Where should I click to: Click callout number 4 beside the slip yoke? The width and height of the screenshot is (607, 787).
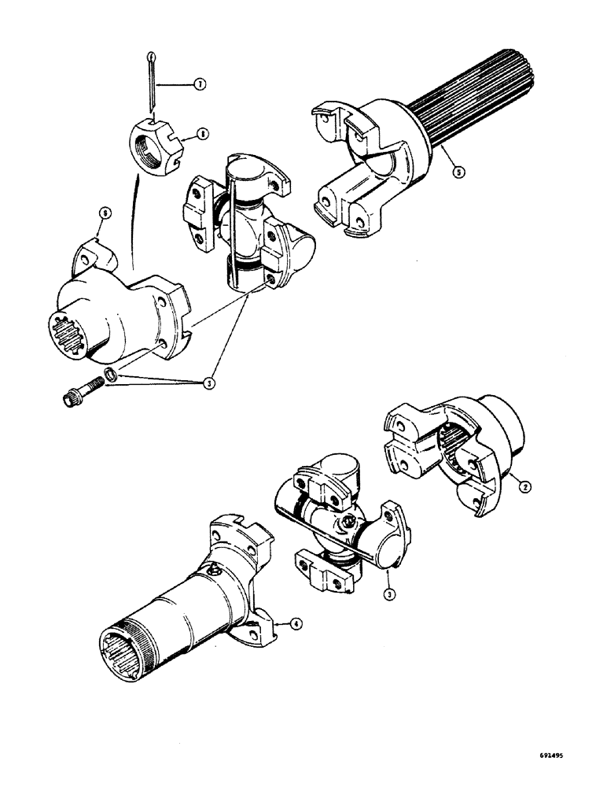point(295,625)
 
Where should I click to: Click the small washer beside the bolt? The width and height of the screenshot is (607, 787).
point(113,377)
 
